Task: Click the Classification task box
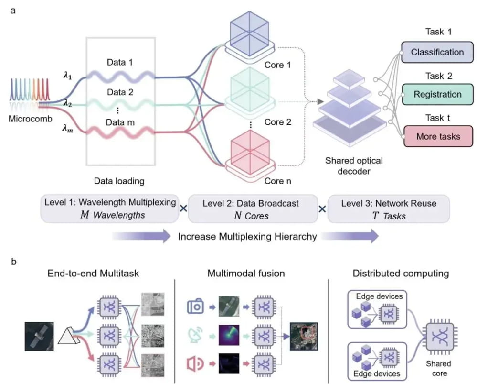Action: (437, 52)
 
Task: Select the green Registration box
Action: (437, 95)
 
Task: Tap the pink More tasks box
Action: (438, 136)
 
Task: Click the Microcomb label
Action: (30, 119)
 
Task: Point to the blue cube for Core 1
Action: (249, 33)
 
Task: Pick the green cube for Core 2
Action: (250, 89)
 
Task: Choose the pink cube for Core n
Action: (250, 153)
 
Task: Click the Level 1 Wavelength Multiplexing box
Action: (110, 209)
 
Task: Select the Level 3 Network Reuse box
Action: (389, 209)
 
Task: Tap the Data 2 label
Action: (120, 92)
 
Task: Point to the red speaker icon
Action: (195, 364)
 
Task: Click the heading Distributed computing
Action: (401, 274)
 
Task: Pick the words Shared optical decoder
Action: (354, 166)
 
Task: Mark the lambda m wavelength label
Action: (67, 129)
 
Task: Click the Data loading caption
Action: (119, 181)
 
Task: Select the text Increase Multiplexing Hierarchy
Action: (247, 237)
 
